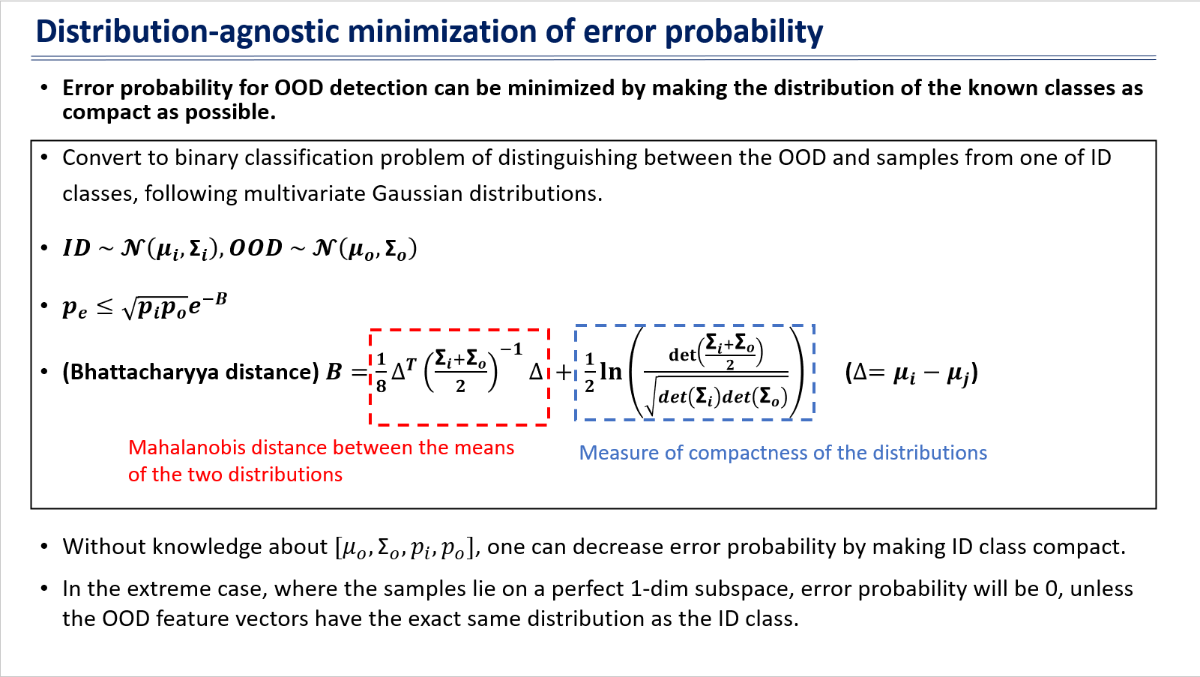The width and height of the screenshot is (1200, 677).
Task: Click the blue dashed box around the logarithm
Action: [576, 373]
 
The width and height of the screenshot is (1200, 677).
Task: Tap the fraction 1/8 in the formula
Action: [381, 373]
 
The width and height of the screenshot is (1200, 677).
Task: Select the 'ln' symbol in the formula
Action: [611, 371]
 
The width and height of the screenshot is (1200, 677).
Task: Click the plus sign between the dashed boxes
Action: [563, 372]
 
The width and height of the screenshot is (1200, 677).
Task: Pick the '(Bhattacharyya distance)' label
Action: [190, 372]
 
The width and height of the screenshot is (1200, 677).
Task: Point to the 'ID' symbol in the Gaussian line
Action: [76, 248]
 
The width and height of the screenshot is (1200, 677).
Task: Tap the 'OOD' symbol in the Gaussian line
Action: [255, 248]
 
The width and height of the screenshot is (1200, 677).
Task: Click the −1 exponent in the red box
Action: [511, 349]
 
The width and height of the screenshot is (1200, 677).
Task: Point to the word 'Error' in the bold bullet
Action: [88, 88]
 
